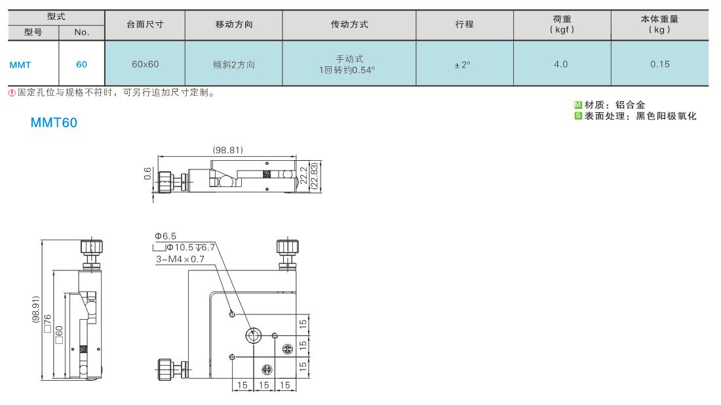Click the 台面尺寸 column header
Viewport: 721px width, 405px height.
pyautogui.click(x=145, y=25)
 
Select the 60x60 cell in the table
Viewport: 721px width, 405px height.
pyautogui.click(x=145, y=64)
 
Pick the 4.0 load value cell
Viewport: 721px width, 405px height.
pyautogui.click(x=562, y=64)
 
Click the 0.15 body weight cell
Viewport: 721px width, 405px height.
pyautogui.click(x=660, y=64)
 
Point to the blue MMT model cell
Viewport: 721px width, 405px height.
pyautogui.click(x=20, y=65)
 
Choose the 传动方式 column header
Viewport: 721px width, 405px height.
pyautogui.click(x=349, y=25)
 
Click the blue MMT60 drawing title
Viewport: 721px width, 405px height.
pyautogui.click(x=54, y=123)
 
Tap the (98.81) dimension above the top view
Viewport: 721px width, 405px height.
pyautogui.click(x=227, y=150)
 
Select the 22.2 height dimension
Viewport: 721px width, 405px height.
pyautogui.click(x=303, y=176)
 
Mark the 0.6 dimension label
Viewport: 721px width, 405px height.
pyautogui.click(x=147, y=173)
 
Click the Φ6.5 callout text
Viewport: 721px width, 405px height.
pyautogui.click(x=166, y=236)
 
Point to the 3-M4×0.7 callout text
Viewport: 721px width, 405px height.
pyautogui.click(x=180, y=259)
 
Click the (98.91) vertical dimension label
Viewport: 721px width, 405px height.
pyautogui.click(x=36, y=309)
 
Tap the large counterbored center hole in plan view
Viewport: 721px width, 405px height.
pyautogui.click(x=254, y=335)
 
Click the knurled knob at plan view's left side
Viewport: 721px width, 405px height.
pyautogui.click(x=165, y=369)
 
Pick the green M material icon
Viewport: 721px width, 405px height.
pyautogui.click(x=578, y=105)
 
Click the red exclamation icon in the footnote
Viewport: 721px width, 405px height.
pyautogui.click(x=12, y=93)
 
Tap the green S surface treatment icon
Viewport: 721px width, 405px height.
pyautogui.click(x=578, y=116)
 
